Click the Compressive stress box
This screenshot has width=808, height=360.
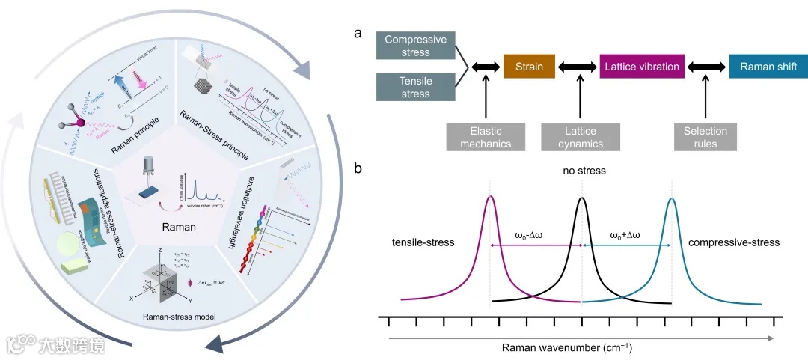coord(414,46)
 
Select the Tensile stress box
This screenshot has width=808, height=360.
coord(414,87)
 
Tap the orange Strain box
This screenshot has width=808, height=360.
coord(529,67)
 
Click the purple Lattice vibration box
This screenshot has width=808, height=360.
coord(641,67)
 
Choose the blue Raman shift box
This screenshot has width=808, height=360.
coord(768,67)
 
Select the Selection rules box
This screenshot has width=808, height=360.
coord(706,138)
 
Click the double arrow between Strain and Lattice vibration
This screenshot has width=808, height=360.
coord(578,67)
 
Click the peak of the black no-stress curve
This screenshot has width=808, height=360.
coord(582,198)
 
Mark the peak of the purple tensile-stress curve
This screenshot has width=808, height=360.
coord(490,197)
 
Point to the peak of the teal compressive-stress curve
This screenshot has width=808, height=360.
coord(672,198)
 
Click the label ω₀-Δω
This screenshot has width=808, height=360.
coord(534,236)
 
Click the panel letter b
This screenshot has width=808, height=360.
coord(358,169)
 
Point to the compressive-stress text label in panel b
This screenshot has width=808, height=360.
coord(733,242)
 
